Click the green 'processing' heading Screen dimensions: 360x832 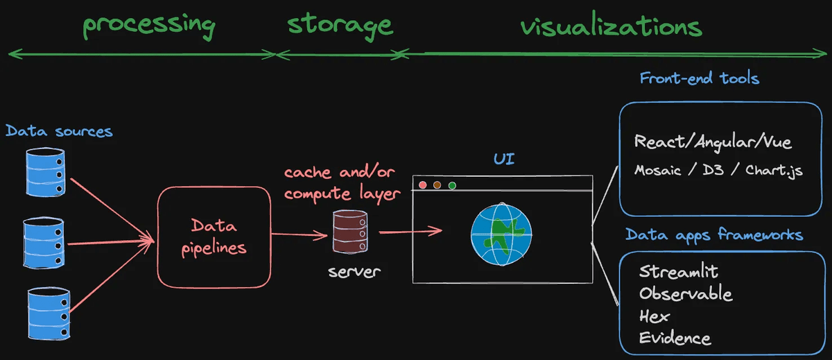pos(149,24)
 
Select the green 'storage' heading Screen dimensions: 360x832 pos(340,25)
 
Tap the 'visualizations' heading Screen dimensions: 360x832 pos(611,27)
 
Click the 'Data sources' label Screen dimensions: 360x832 pos(59,130)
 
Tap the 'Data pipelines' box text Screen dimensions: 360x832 pos(214,237)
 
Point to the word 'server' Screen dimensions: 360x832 pos(354,271)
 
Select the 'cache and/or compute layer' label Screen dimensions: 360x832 pos(343,183)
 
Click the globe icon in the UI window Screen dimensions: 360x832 pos(501,234)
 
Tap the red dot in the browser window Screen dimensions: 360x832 pos(422,185)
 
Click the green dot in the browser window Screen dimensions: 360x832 pos(452,185)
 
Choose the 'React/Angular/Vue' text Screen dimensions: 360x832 pos(713,142)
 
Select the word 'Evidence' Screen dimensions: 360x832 pos(675,338)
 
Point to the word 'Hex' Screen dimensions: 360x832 pos(655,316)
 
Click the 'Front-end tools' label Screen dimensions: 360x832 pos(699,78)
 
